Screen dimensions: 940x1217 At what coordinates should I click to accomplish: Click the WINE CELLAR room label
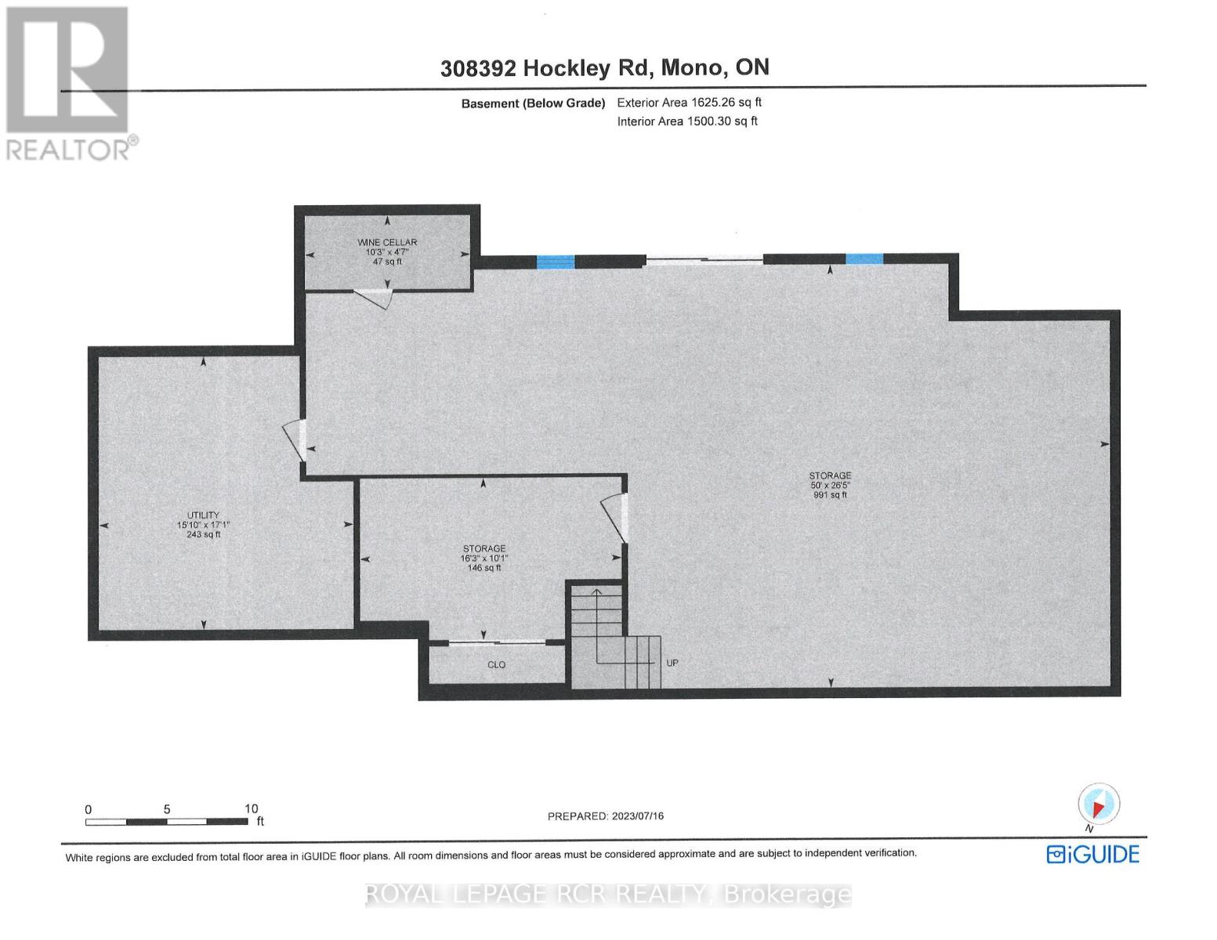pyautogui.click(x=387, y=242)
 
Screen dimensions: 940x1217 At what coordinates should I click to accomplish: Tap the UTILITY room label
pyautogui.click(x=203, y=515)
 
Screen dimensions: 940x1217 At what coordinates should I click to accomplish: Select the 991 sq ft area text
pyautogui.click(x=830, y=495)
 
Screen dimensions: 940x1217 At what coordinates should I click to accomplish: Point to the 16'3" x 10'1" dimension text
pyautogui.click(x=484, y=559)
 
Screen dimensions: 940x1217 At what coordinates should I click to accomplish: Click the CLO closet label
pyautogui.click(x=496, y=664)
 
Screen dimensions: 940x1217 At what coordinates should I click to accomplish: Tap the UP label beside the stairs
pyautogui.click(x=672, y=663)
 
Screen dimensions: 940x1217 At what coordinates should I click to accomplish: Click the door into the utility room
pyautogui.click(x=295, y=440)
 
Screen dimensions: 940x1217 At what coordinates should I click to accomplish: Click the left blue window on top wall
pyautogui.click(x=555, y=262)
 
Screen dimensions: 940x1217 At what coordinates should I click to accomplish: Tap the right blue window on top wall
pyautogui.click(x=864, y=259)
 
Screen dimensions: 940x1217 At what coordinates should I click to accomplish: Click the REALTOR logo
pyautogui.click(x=69, y=82)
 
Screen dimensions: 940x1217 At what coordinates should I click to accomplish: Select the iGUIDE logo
pyautogui.click(x=1092, y=854)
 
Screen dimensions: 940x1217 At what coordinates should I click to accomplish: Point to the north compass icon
pyautogui.click(x=1099, y=804)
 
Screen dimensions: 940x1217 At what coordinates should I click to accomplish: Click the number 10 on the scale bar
pyautogui.click(x=251, y=808)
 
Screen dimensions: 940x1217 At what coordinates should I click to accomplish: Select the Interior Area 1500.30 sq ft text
pyautogui.click(x=686, y=121)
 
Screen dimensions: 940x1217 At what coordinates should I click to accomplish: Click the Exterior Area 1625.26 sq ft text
pyautogui.click(x=689, y=103)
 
